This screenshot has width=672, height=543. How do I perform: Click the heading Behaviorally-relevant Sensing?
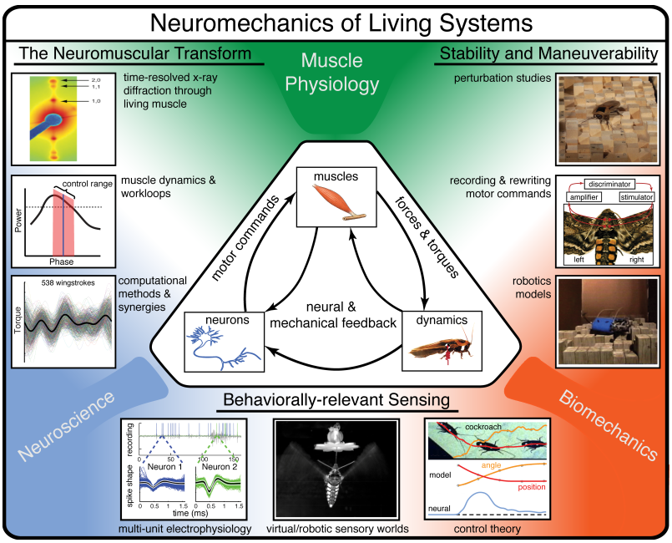(336, 400)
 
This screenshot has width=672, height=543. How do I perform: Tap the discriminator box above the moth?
(599, 183)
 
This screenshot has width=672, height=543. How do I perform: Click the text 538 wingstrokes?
(69, 283)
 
